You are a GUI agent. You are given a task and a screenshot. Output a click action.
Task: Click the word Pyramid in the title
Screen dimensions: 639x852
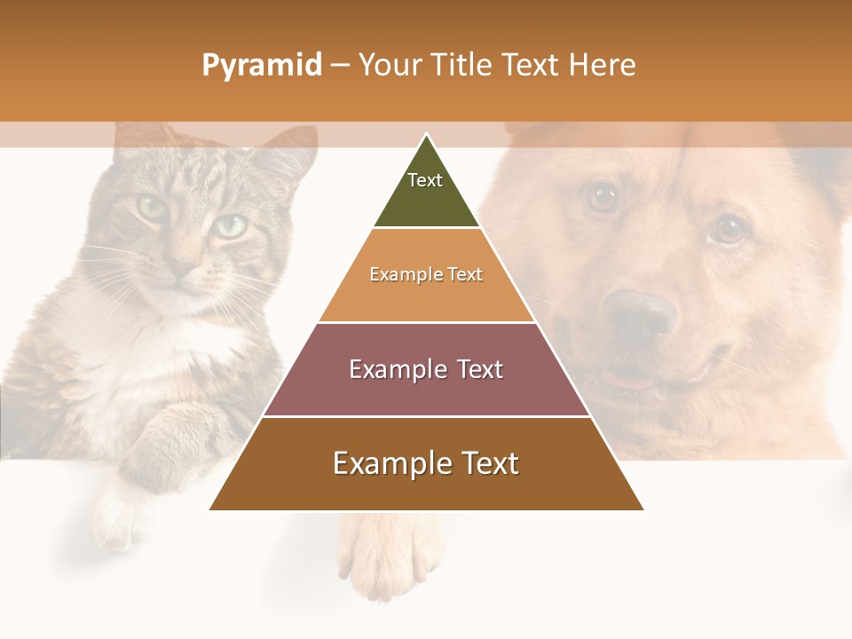261,66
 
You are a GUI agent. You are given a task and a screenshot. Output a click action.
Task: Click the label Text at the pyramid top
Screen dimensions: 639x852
424,180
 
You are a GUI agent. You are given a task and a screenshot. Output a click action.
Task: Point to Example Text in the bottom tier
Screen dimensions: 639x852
426,463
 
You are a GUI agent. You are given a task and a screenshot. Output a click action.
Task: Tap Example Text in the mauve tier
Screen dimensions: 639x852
426,369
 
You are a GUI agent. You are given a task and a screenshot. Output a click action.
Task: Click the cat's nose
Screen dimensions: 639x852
184,266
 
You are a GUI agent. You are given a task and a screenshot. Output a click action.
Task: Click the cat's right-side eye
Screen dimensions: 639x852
230,225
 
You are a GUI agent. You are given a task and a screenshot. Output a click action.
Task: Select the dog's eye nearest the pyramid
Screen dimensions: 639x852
603,197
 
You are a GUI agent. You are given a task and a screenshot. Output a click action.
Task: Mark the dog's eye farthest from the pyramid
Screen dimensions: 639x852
727,230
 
